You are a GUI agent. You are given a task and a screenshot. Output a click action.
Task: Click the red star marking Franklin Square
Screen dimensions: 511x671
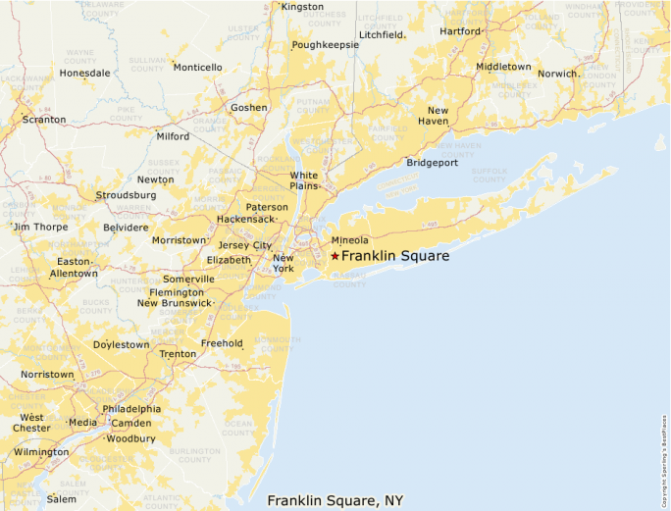[335, 256]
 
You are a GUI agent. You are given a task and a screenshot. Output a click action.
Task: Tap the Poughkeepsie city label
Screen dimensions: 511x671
[325, 45]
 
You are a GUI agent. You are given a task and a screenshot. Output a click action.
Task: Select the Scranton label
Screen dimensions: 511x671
[44, 120]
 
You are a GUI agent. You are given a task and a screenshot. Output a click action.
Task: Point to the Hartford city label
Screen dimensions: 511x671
[460, 31]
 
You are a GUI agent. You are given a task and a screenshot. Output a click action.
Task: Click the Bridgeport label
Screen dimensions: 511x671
[432, 163]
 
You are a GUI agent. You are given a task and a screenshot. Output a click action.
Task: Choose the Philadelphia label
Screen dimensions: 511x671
[131, 409]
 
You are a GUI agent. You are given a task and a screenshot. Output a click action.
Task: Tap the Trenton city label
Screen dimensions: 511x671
[178, 354]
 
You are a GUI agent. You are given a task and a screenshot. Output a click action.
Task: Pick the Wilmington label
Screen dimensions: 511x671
[41, 452]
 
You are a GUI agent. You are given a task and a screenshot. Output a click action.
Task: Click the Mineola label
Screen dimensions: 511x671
[349, 240]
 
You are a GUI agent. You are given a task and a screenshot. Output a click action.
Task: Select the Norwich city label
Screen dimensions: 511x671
[557, 74]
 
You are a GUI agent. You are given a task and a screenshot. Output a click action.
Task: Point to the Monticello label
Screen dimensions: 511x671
[197, 68]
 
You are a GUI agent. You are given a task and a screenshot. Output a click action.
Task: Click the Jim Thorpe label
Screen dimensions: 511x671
[40, 227]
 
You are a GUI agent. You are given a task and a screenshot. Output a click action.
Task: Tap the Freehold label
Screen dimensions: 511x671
[221, 343]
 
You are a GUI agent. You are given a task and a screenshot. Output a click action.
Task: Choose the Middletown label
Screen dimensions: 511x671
[503, 67]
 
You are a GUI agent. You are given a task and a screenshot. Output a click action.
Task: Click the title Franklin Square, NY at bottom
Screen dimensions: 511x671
[335, 501]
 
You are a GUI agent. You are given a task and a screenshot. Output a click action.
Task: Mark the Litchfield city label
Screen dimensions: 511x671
[382, 34]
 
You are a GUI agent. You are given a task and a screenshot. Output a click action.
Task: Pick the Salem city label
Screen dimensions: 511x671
[61, 499]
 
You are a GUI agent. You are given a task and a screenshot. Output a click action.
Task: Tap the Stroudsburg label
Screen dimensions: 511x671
[123, 195]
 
